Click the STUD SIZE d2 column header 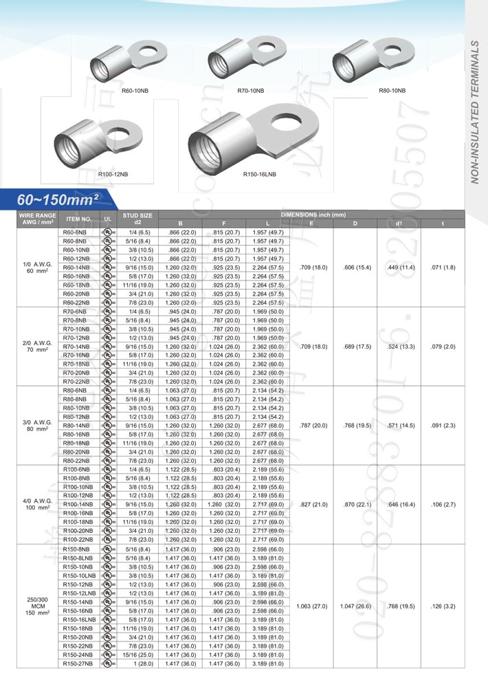click(x=137, y=219)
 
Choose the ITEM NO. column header click(x=78, y=219)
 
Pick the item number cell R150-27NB click(x=76, y=663)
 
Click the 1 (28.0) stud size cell click(x=137, y=663)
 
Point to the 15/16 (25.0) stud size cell click(x=137, y=655)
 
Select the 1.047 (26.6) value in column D click(x=355, y=606)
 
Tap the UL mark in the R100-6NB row click(x=108, y=470)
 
